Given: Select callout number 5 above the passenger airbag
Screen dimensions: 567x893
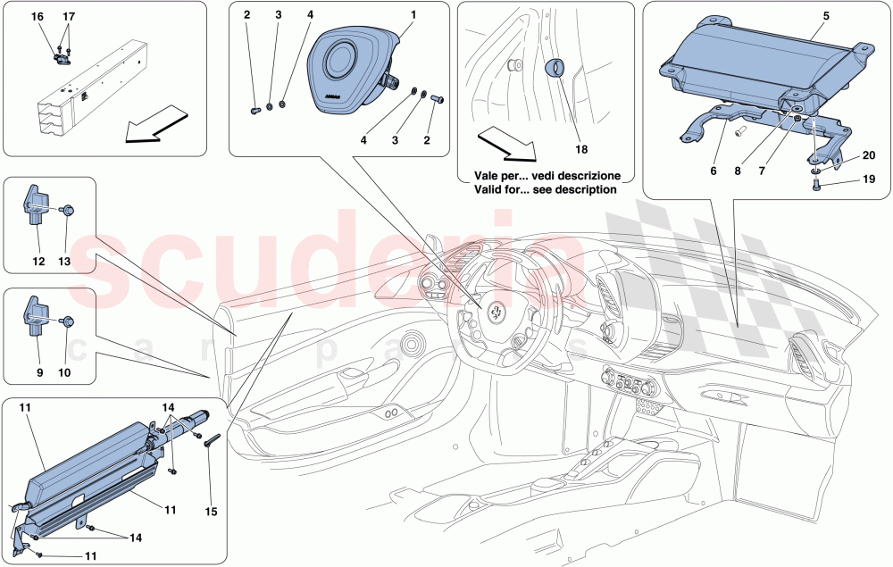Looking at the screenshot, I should pos(826,15).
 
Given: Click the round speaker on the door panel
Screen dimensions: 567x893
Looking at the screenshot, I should pos(413,344).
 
